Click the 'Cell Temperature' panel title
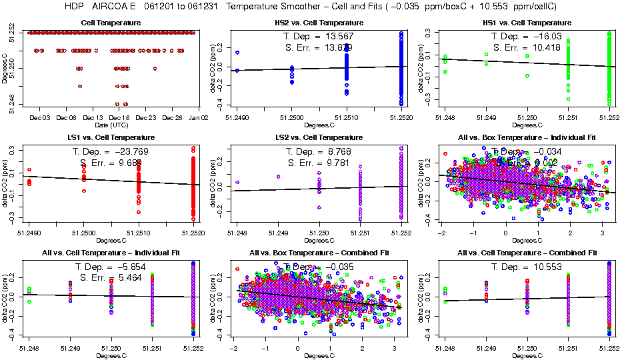coord(111,23)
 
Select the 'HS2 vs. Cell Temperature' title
coord(320,23)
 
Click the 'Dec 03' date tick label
coord(40,117)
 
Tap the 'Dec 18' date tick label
coord(119,117)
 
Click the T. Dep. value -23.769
coord(129,151)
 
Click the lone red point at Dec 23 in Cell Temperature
coord(155,68)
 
